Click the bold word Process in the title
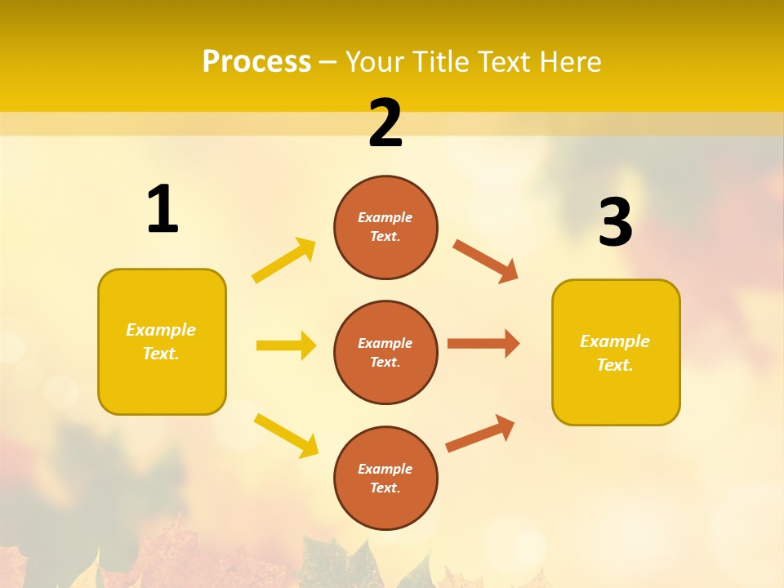point(256,61)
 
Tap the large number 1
point(163,209)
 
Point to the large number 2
point(385,122)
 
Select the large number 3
point(615,222)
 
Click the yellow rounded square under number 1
point(162,341)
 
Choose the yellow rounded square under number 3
point(616,352)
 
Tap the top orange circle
point(385,227)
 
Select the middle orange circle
point(385,352)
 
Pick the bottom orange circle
point(385,478)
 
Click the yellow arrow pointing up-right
point(284,261)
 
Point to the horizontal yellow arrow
point(286,345)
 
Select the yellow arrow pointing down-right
point(286,435)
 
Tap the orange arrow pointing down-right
point(485,261)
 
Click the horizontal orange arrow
point(483,343)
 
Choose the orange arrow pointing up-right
point(480,433)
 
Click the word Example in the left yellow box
point(161,330)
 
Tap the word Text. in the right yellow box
point(615,365)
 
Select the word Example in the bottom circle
point(385,469)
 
